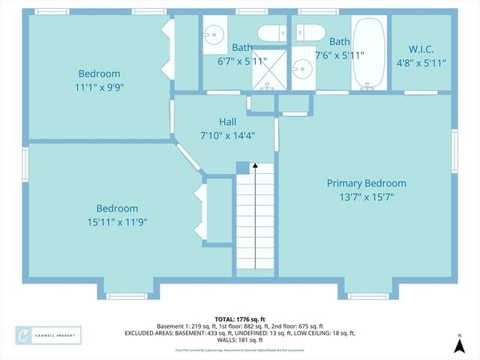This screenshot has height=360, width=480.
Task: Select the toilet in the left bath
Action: click(269, 33)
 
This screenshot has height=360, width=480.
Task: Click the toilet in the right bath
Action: click(308, 32)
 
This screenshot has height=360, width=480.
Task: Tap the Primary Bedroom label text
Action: click(366, 183)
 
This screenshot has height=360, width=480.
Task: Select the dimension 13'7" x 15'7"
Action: click(366, 197)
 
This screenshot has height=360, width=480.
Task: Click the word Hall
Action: click(228, 122)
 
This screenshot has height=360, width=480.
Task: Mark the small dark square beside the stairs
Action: click(241, 167)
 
